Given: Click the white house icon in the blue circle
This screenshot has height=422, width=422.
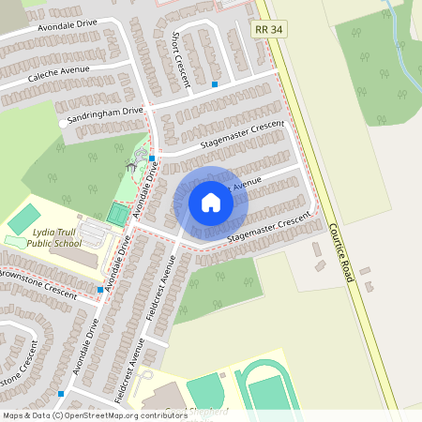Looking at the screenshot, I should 210,202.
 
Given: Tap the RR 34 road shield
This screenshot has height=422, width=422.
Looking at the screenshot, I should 269,31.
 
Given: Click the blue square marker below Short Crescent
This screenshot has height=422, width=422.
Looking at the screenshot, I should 215,84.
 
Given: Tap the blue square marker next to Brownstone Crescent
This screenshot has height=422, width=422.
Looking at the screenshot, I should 101,290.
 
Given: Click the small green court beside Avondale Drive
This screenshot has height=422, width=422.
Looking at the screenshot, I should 116,214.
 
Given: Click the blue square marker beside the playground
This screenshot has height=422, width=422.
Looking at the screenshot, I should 138,158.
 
